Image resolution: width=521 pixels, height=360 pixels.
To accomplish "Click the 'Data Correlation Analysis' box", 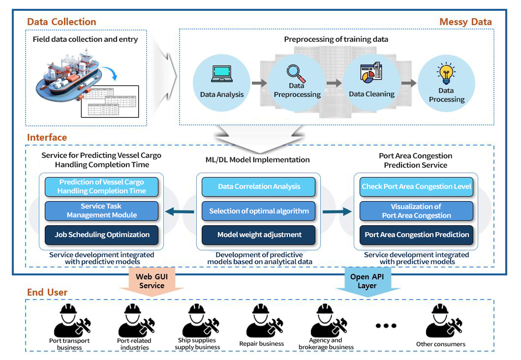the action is (x=258, y=187).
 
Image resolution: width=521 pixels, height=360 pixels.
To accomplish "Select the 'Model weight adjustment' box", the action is (x=258, y=235).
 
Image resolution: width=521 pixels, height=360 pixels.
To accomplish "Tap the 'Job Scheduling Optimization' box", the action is (x=102, y=235).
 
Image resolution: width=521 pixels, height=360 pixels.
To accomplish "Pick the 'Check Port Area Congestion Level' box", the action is (x=416, y=187).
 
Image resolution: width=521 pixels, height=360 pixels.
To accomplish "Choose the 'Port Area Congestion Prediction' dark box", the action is (x=416, y=235).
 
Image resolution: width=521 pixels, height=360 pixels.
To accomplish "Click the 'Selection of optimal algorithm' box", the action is (x=258, y=211).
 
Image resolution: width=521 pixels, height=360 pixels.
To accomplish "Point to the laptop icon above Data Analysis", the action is (x=222, y=73).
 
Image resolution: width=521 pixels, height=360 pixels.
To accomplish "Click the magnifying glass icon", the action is (x=296, y=73).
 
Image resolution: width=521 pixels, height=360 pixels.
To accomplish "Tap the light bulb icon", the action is (x=446, y=73).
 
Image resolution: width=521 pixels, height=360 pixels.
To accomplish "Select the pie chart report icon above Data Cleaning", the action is (x=371, y=72).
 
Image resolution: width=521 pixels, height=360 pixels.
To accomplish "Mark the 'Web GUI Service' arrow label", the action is (x=152, y=281).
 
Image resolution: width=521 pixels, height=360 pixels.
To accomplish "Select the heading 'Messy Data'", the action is (x=465, y=22).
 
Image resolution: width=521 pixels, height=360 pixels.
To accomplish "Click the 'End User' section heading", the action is (x=47, y=292).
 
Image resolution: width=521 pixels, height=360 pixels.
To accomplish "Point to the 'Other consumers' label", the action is (x=441, y=344).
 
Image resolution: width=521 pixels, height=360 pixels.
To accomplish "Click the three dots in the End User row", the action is (x=386, y=326).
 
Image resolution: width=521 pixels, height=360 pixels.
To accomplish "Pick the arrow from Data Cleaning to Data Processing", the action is (x=409, y=83).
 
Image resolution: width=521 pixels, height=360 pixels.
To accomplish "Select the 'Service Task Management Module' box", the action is (x=102, y=211).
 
